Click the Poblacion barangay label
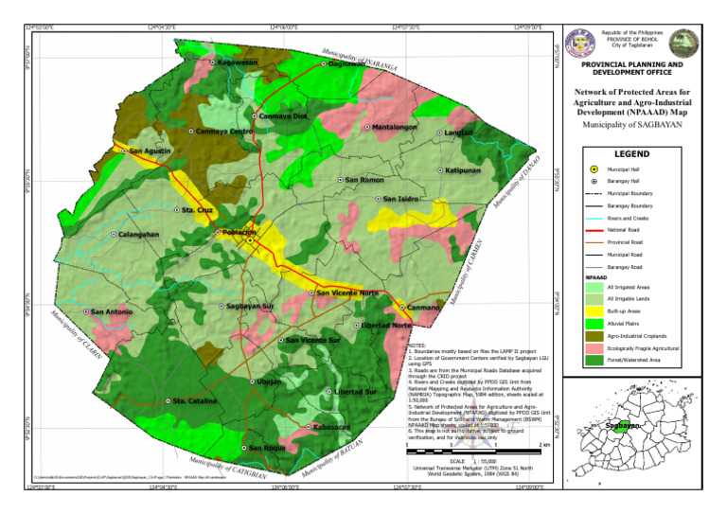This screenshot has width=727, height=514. pyautogui.click(x=239, y=232)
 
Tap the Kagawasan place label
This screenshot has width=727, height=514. pyautogui.click(x=238, y=63)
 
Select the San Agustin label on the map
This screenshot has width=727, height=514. pyautogui.click(x=151, y=151)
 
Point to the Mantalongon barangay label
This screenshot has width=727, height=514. pyautogui.click(x=395, y=127)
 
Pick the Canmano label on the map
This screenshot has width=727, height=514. pyautogui.click(x=424, y=308)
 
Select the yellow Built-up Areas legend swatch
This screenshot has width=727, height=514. pyautogui.click(x=593, y=310)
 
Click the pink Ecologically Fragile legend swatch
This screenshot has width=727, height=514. pyautogui.click(x=593, y=347)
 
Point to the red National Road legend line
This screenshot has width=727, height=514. pyautogui.click(x=593, y=230)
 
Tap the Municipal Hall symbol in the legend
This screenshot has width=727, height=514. pyautogui.click(x=593, y=168)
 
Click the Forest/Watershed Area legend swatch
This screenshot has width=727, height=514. pyautogui.click(x=593, y=360)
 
